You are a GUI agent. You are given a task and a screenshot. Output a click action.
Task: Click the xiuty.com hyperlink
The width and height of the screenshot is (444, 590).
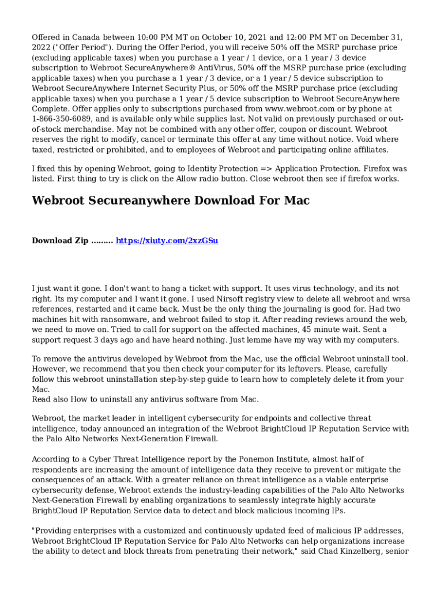tap(167, 241)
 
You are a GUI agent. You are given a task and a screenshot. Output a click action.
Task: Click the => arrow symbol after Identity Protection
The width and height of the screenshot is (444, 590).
tap(266, 169)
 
